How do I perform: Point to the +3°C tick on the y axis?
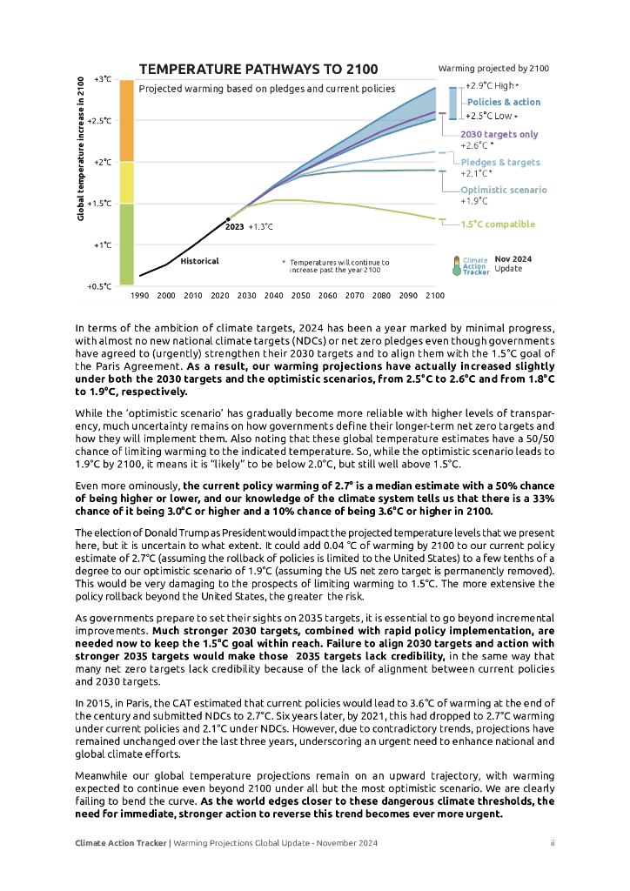pos(103,79)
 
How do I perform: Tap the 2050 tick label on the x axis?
pos(301,296)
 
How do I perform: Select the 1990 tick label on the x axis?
pos(139,296)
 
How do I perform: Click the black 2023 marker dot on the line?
pos(229,219)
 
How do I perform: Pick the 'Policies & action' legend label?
pos(504,102)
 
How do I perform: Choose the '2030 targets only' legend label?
pos(499,134)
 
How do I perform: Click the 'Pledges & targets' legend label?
pos(499,162)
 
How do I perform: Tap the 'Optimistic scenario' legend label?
pos(504,190)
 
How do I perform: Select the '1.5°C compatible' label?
pos(498,224)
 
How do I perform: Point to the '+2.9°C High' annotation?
pos(491,86)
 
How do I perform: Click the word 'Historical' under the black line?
pos(199,261)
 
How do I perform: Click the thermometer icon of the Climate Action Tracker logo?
pos(456,265)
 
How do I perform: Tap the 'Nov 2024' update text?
pos(513,258)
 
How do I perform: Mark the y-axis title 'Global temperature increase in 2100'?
pos(81,148)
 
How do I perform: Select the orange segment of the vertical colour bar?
pos(126,120)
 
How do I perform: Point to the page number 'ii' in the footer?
pos(553,843)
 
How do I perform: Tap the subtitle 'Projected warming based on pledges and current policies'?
pos(266,89)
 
